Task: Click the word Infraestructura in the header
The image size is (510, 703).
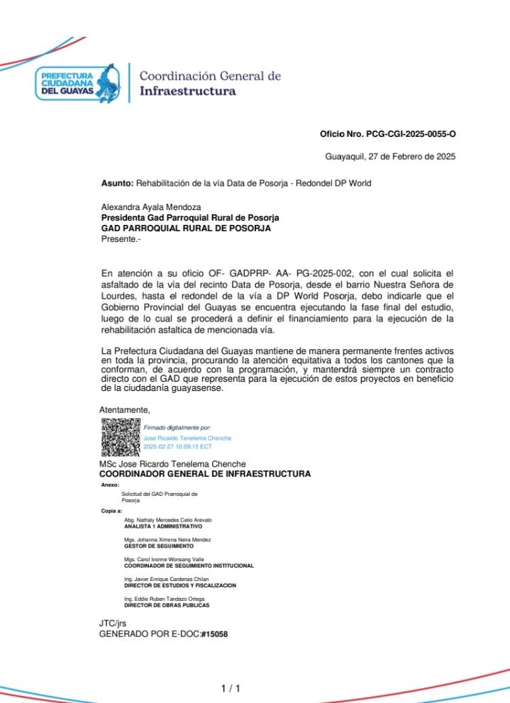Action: (188, 92)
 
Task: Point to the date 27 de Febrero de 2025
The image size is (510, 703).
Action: (411, 157)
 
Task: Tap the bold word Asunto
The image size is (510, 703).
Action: (116, 183)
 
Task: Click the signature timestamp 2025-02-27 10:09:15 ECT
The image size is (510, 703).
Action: (177, 447)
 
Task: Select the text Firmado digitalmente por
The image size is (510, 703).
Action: (177, 428)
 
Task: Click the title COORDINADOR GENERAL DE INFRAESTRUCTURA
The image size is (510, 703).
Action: (204, 473)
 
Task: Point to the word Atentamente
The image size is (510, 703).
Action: (124, 409)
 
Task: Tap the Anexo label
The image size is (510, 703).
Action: (111, 485)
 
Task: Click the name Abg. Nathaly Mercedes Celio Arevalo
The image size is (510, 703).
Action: (167, 520)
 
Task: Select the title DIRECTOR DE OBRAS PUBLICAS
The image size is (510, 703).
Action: (167, 605)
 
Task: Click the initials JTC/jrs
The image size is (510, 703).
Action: (112, 623)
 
